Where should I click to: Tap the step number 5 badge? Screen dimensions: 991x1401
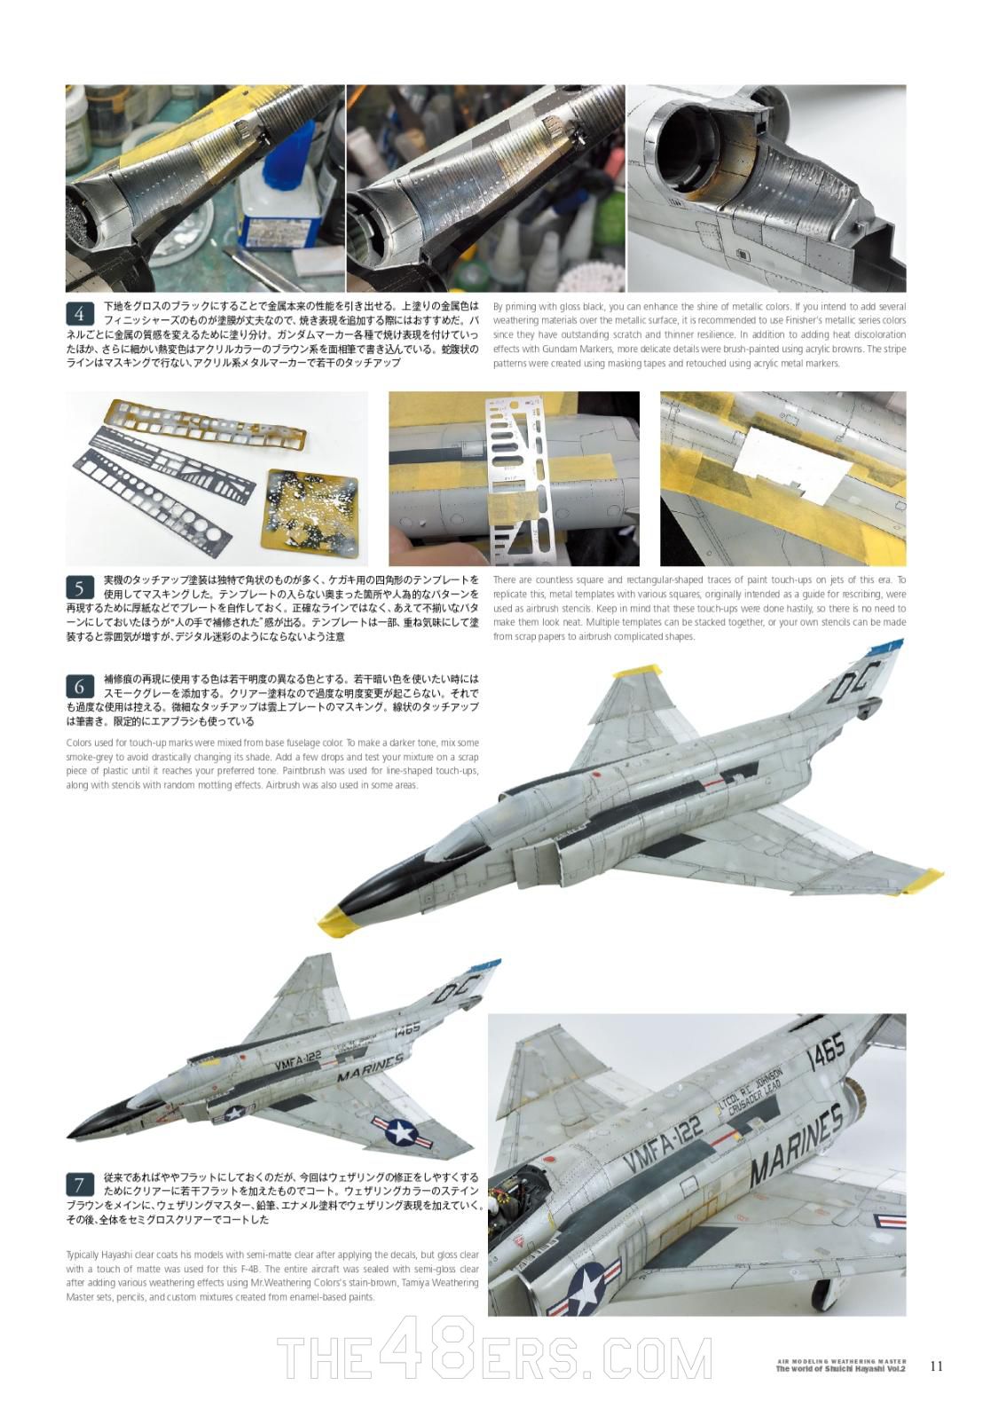[80, 588]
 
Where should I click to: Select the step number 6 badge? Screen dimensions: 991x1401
[80, 687]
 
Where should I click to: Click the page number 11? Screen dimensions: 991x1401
[936, 1366]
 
